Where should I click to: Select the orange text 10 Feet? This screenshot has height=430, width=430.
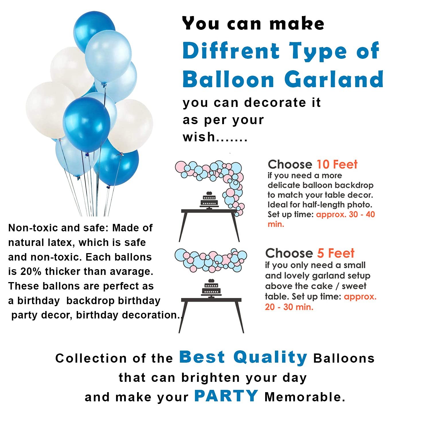pyautogui.click(x=337, y=165)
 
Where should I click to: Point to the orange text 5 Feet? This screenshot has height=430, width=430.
pyautogui.click(x=336, y=253)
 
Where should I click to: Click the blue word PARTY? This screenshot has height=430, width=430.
pyautogui.click(x=226, y=396)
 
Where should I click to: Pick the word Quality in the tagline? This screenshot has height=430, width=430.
pyautogui.click(x=270, y=358)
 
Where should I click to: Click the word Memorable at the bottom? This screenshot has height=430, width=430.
pyautogui.click(x=305, y=397)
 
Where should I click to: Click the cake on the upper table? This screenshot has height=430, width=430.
pyautogui.click(x=209, y=200)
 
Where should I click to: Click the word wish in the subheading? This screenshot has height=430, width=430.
pyautogui.click(x=199, y=137)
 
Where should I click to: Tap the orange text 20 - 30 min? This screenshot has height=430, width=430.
pyautogui.click(x=289, y=307)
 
